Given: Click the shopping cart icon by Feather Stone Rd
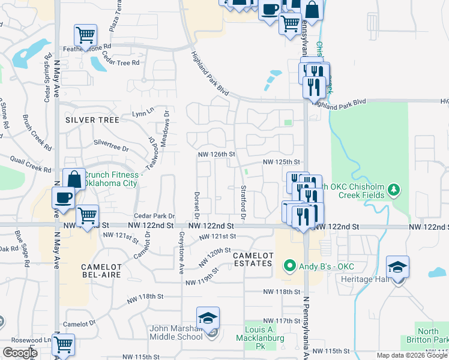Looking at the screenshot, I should click(x=86, y=34).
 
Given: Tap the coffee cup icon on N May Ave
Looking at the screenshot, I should click(x=63, y=197).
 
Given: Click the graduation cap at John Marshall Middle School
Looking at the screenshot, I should click(x=208, y=318).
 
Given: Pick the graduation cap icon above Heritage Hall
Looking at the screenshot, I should click(x=397, y=266).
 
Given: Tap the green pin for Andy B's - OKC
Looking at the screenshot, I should click(x=290, y=265).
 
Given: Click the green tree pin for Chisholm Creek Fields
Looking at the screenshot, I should click(x=394, y=190).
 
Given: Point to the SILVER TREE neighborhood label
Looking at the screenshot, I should click(x=93, y=119).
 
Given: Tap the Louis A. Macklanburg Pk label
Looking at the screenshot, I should click(x=260, y=335).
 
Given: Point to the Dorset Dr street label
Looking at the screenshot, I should click(x=196, y=204).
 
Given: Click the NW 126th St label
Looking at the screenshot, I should click(x=216, y=154).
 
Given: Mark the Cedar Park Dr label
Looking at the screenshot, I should click(x=154, y=215).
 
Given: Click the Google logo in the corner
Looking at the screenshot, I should click(x=20, y=353).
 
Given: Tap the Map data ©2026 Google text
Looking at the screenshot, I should click(x=412, y=355).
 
